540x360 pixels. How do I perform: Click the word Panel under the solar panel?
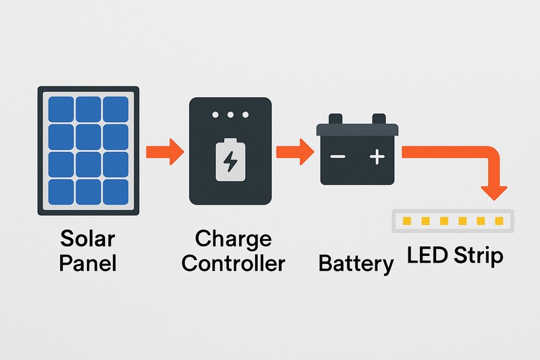[x=88, y=262]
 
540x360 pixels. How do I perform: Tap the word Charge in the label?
[x=233, y=240]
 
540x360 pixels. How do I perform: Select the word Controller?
[x=233, y=262]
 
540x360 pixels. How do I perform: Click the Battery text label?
[x=356, y=263]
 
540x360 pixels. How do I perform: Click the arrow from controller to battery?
[x=296, y=150]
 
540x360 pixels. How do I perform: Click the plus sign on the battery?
[x=377, y=157]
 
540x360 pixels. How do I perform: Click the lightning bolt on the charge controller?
[x=230, y=161]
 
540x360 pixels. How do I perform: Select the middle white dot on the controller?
[x=230, y=115]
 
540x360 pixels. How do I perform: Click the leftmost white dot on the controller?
[x=216, y=115]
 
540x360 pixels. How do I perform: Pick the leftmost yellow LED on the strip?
[x=406, y=221]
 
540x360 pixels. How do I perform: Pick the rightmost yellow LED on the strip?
[x=499, y=221]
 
